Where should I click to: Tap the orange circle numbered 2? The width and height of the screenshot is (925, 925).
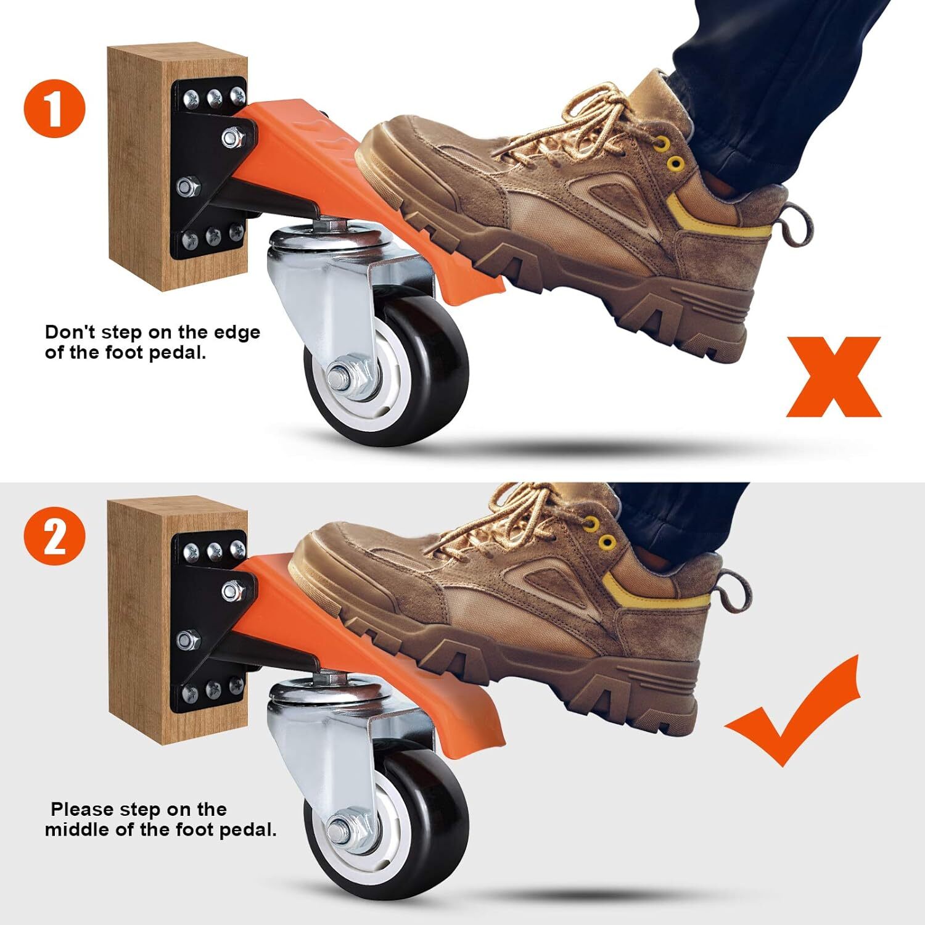[54, 537]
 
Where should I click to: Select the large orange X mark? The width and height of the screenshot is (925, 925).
[833, 377]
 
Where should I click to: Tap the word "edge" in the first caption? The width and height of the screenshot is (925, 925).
[237, 334]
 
